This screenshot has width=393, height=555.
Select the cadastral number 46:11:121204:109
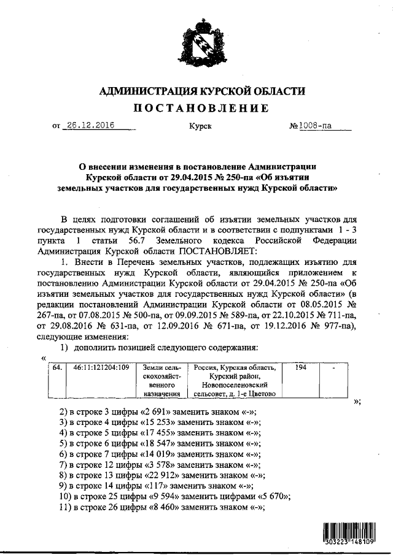101,368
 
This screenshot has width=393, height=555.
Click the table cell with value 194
301,368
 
